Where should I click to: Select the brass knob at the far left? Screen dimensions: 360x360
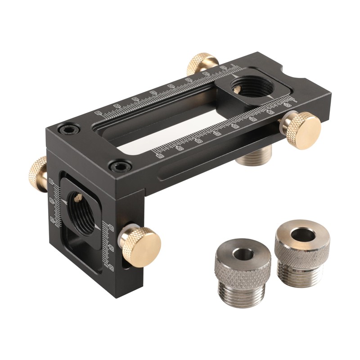[x=38, y=172]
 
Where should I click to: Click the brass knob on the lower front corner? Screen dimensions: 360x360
[x=143, y=246]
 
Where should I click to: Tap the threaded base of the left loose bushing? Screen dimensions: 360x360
[x=243, y=292]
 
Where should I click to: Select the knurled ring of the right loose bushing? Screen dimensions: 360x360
[x=302, y=250]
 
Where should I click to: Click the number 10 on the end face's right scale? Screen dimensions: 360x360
[x=111, y=229]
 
